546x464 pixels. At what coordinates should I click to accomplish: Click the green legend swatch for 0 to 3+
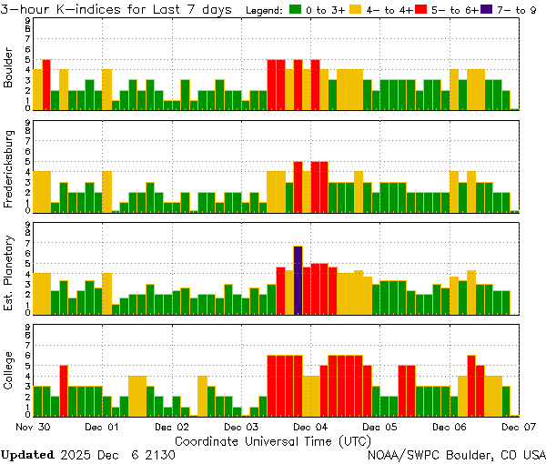pos(295,10)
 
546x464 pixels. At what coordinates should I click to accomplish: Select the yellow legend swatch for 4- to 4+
pos(357,10)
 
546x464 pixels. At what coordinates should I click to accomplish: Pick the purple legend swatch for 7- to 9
pos(485,10)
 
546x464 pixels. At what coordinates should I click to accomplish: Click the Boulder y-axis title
pos(8,68)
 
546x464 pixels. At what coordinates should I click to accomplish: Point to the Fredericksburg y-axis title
pos(8,170)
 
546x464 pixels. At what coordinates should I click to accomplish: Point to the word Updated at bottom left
pos(27,453)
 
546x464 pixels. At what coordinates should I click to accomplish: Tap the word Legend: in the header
pos(265,10)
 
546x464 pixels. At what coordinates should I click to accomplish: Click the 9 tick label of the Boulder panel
pos(27,21)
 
